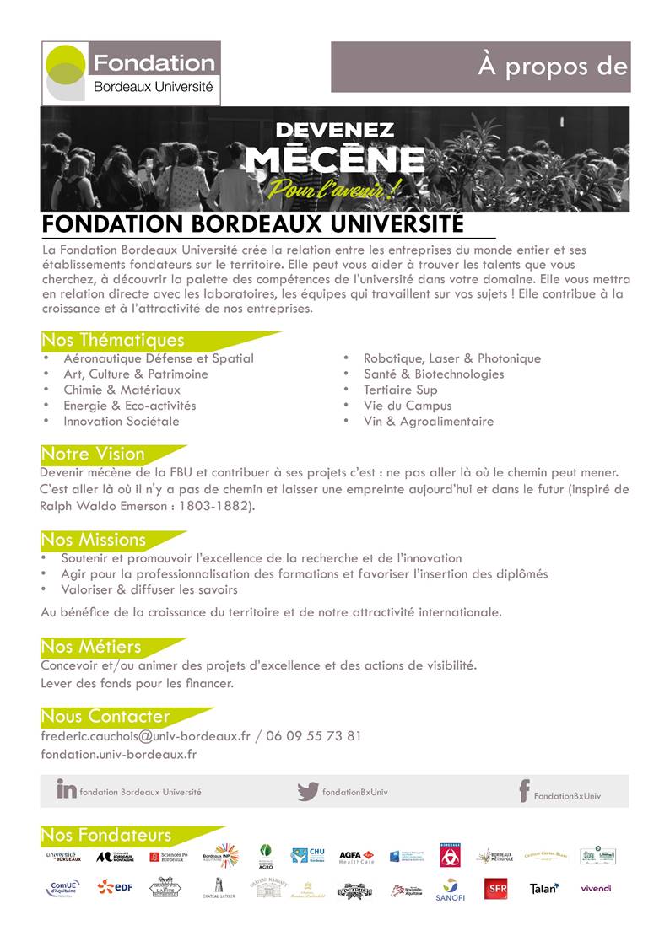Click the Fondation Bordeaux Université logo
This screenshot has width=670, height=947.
pyautogui.click(x=131, y=73)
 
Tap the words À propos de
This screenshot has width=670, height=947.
pyautogui.click(x=553, y=67)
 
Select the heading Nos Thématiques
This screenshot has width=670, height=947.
pyautogui.click(x=112, y=341)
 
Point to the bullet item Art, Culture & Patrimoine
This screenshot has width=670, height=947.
pyautogui.click(x=135, y=374)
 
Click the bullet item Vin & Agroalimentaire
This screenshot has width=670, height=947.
pyautogui.click(x=428, y=421)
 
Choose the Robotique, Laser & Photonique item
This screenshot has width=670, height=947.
pyautogui.click(x=451, y=358)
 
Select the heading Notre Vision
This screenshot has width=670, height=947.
pyautogui.click(x=93, y=454)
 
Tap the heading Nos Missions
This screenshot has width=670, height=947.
pyautogui.click(x=93, y=540)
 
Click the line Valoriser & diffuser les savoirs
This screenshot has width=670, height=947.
pyautogui.click(x=149, y=589)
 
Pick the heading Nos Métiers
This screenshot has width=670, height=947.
pyautogui.click(x=91, y=647)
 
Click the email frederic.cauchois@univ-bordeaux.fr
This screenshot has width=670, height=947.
pyautogui.click(x=145, y=735)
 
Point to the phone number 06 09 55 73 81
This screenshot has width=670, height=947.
pyautogui.click(x=313, y=735)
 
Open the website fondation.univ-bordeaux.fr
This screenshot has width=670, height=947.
pyautogui.click(x=118, y=754)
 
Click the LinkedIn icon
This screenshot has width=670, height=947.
pyautogui.click(x=66, y=789)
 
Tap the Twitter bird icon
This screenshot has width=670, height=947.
pyautogui.click(x=307, y=791)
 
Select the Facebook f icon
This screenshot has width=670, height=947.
pyautogui.click(x=524, y=791)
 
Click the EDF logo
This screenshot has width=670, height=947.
pyautogui.click(x=116, y=886)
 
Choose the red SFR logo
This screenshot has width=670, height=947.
pyautogui.click(x=496, y=889)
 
